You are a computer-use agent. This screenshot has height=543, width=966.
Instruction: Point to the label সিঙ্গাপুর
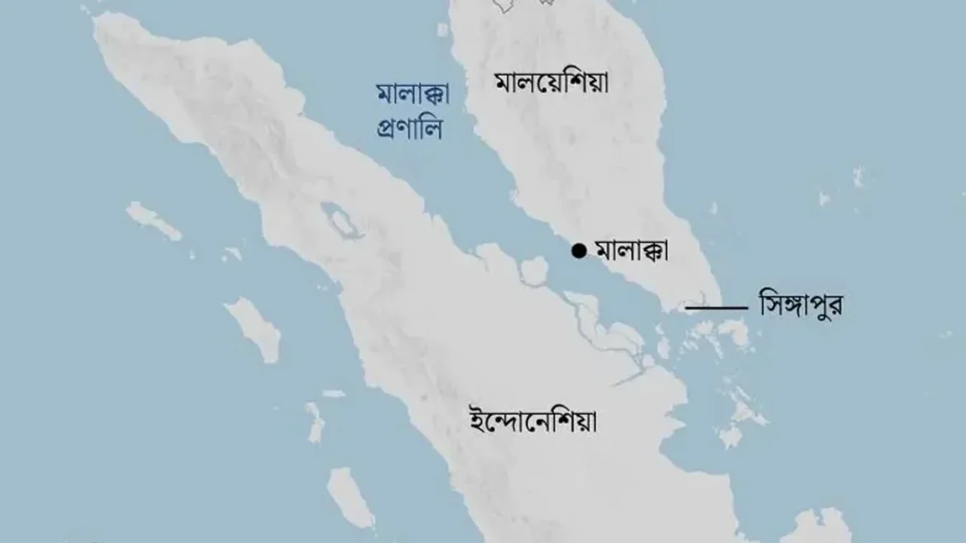click(x=801, y=306)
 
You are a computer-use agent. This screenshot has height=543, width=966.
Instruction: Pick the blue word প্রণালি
click(x=410, y=130)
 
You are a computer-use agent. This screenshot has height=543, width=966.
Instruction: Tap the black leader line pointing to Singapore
click(x=717, y=308)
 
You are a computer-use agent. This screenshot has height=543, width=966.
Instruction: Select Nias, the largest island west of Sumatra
click(x=253, y=328)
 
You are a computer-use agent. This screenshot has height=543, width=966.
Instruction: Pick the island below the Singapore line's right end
click(x=734, y=334)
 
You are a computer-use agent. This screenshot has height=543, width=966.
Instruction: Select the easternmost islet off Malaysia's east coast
click(x=859, y=176)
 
